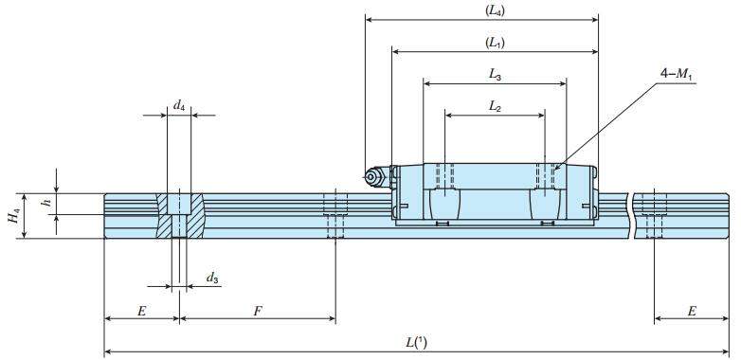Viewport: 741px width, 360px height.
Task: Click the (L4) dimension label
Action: [x=495, y=11]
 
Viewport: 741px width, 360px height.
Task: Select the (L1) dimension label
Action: [x=495, y=43]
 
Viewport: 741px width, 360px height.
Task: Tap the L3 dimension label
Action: [x=495, y=74]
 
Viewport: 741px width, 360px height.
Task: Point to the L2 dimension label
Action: [x=495, y=106]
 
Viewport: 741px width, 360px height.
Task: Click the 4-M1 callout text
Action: [x=679, y=74]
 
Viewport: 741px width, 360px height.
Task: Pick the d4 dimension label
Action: [x=179, y=105]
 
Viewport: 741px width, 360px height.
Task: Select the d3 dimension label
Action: [x=212, y=278]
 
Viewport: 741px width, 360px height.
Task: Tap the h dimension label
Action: [x=45, y=202]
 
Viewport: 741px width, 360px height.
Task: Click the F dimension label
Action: [x=258, y=311]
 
